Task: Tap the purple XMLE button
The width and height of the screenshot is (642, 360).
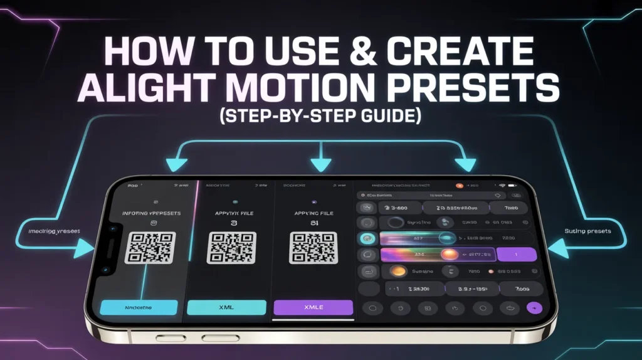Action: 313,307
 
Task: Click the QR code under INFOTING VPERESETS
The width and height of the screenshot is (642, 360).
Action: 150,247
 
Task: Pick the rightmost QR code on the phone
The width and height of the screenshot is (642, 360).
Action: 313,247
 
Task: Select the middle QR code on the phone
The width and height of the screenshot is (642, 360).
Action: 231,247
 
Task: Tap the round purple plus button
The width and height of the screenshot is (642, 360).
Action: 534,308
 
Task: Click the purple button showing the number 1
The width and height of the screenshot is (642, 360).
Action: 516,255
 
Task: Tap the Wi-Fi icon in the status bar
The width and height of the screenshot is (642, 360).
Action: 502,186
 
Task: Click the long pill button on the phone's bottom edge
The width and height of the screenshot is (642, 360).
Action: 221,338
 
